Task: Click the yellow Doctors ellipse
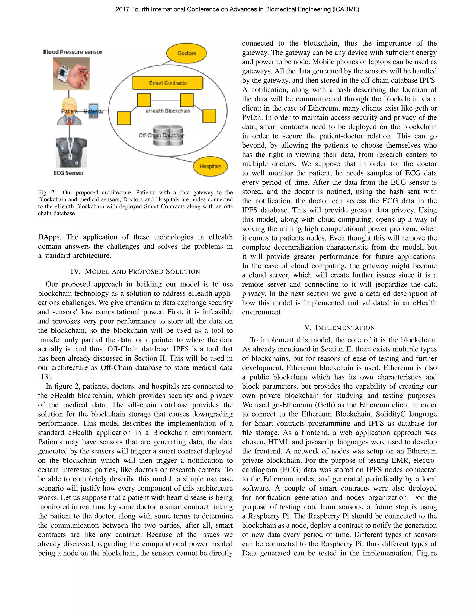(186, 53)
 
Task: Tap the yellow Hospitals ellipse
(210, 166)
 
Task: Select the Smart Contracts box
(168, 83)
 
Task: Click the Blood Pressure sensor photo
(71, 74)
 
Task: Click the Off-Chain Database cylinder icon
(168, 136)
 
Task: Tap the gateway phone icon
(94, 111)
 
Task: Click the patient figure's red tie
(69, 121)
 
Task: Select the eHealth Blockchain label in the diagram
(168, 111)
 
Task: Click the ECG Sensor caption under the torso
(69, 173)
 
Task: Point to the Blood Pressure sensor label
(73, 52)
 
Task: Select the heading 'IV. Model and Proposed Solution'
(135, 272)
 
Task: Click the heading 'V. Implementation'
(339, 328)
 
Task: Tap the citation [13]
(45, 377)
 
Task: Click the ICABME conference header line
(237, 9)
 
